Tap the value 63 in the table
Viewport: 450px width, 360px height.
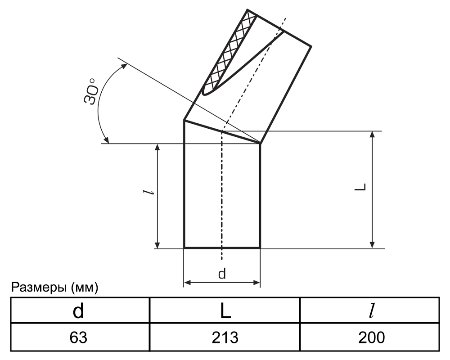coord(78,337)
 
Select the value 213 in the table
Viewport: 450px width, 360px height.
coord(225,337)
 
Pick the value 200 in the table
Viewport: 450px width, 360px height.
coord(371,337)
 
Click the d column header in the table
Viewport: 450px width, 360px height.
coord(78,311)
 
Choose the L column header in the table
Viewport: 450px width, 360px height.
coord(225,311)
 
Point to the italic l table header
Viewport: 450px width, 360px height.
coord(372,311)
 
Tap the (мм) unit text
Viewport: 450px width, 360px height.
coord(84,288)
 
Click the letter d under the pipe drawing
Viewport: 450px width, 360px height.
coord(222,274)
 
